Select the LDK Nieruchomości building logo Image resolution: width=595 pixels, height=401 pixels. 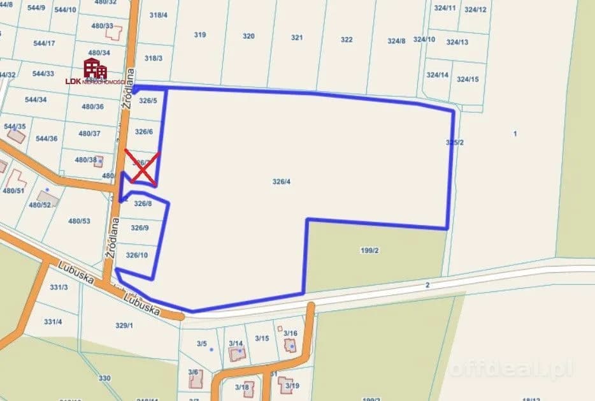(x=95, y=68)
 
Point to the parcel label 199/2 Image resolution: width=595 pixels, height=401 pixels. (x=369, y=251)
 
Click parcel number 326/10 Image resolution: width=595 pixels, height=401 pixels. (x=137, y=255)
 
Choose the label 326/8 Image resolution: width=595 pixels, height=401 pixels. (x=143, y=204)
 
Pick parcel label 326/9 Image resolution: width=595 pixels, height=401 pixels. (x=140, y=228)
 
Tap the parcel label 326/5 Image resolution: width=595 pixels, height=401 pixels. (x=148, y=101)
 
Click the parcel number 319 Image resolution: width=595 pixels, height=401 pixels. (x=200, y=35)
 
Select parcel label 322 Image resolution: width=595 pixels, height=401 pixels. (x=347, y=40)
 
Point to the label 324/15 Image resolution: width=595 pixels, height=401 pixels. (x=468, y=79)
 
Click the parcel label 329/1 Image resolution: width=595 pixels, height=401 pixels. (x=124, y=325)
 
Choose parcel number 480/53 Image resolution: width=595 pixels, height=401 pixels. (x=80, y=221)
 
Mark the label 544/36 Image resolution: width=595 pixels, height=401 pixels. (x=47, y=139)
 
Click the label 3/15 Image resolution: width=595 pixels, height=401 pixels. (x=262, y=338)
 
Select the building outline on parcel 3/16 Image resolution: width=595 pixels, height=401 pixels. (x=290, y=346)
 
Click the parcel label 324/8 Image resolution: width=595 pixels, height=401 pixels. (x=396, y=41)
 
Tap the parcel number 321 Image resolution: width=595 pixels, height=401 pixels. (x=297, y=38)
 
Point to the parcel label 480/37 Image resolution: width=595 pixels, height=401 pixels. (x=89, y=134)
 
